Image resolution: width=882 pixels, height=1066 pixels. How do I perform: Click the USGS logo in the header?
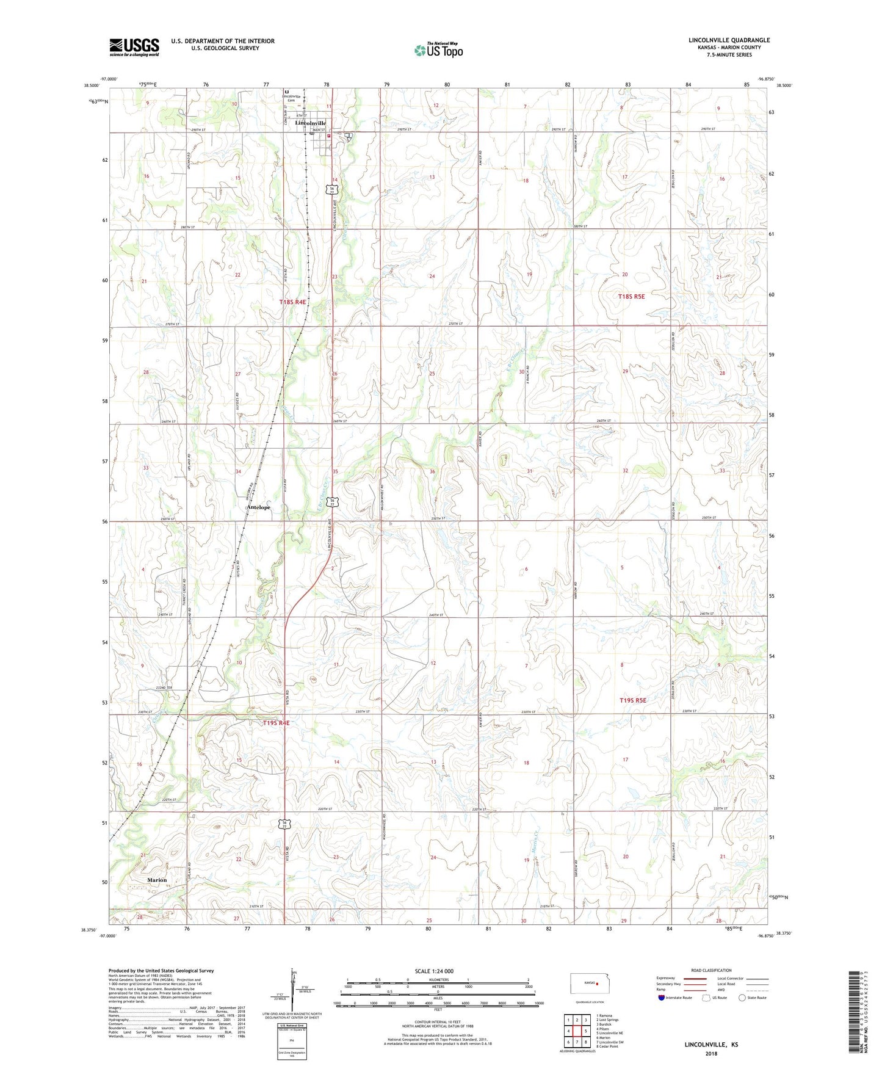tap(134, 47)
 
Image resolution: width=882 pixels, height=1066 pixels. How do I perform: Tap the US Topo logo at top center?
tap(438, 49)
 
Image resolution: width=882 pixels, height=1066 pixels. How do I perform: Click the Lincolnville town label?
tap(310, 123)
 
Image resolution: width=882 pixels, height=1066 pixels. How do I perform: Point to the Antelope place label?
tap(259, 507)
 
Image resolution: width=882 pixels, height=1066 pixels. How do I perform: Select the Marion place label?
tap(157, 880)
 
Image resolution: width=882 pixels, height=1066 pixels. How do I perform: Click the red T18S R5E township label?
tap(631, 297)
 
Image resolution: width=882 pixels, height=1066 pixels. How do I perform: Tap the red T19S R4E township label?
tap(276, 723)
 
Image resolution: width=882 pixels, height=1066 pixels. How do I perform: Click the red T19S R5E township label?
tap(632, 700)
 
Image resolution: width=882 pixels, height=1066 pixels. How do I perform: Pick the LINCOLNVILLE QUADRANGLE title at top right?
tap(729, 40)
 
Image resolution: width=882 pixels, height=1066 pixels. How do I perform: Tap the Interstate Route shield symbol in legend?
tap(662, 998)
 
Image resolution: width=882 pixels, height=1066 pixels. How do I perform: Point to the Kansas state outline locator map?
tap(585, 984)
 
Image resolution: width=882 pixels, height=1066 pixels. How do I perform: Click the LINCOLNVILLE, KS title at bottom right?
tap(711, 1045)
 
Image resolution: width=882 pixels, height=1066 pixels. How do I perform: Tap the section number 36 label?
tap(432, 471)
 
